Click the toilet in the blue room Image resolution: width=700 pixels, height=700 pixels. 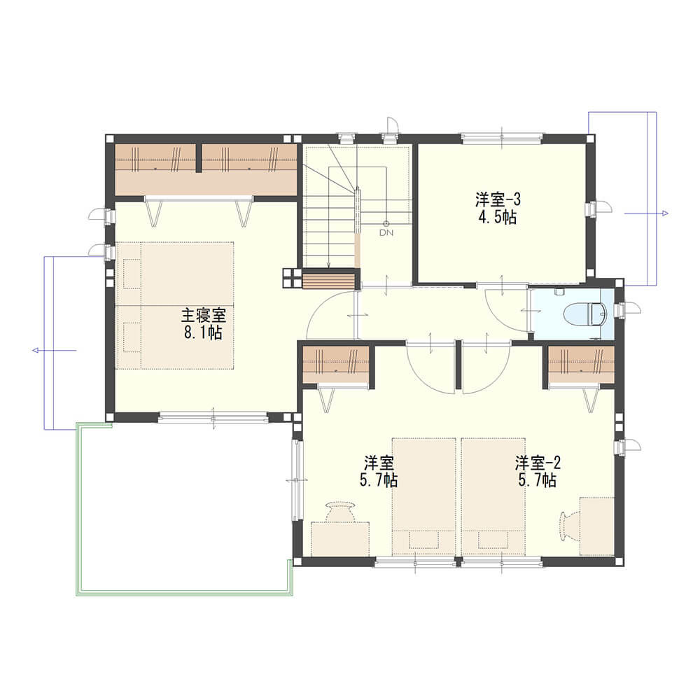(585, 313)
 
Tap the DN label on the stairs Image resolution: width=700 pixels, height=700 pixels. (386, 232)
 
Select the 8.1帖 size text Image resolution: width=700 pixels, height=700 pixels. (203, 332)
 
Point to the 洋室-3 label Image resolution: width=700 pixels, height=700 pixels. (498, 199)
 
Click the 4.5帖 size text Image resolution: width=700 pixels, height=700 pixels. (498, 218)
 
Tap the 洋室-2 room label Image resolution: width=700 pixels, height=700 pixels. (538, 463)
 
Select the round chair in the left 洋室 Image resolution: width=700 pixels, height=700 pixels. (340, 512)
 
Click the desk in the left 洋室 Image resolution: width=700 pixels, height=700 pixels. (340, 538)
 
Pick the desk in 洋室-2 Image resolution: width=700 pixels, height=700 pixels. (597, 526)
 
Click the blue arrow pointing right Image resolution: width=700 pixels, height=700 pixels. (646, 213)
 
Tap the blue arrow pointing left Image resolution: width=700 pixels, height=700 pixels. (55, 351)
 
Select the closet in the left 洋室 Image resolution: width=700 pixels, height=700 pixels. (336, 364)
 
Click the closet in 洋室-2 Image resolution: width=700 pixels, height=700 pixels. (582, 364)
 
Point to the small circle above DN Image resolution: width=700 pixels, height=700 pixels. (386, 224)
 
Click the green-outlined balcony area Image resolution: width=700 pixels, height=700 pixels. (183, 509)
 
